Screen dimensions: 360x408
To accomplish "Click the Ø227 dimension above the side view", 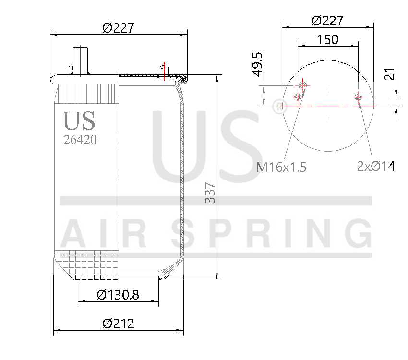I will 118,28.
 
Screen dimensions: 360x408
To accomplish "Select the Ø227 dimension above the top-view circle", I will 327,21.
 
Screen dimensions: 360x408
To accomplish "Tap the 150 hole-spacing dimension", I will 327,39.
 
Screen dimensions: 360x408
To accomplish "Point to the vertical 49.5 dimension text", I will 257,64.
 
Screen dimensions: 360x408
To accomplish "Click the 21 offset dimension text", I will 389,74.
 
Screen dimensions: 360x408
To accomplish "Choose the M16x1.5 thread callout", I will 281,167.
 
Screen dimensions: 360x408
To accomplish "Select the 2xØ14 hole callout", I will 376,166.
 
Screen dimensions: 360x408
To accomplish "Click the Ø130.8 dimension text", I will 118,295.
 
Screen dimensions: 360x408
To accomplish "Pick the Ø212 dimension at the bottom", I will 118,324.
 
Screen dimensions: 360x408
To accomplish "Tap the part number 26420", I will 80,139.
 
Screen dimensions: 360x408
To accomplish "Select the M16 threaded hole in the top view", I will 302,85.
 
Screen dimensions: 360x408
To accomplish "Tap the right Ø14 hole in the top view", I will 358,97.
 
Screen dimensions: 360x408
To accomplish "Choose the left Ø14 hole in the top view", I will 297,97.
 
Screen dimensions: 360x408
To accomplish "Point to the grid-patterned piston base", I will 86,265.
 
